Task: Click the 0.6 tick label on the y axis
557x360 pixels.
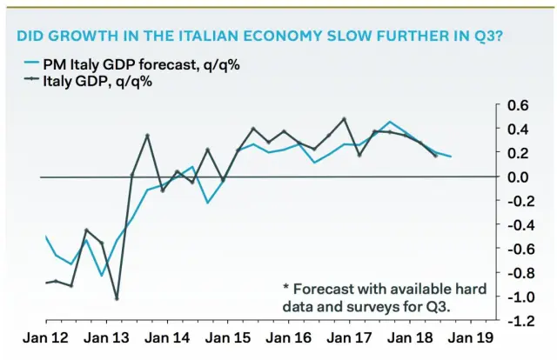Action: (518, 106)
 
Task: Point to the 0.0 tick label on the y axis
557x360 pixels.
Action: (518, 177)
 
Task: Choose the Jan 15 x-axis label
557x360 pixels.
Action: (231, 338)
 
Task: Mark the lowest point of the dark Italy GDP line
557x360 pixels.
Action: (117, 298)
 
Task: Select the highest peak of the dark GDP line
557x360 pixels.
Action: (345, 119)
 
